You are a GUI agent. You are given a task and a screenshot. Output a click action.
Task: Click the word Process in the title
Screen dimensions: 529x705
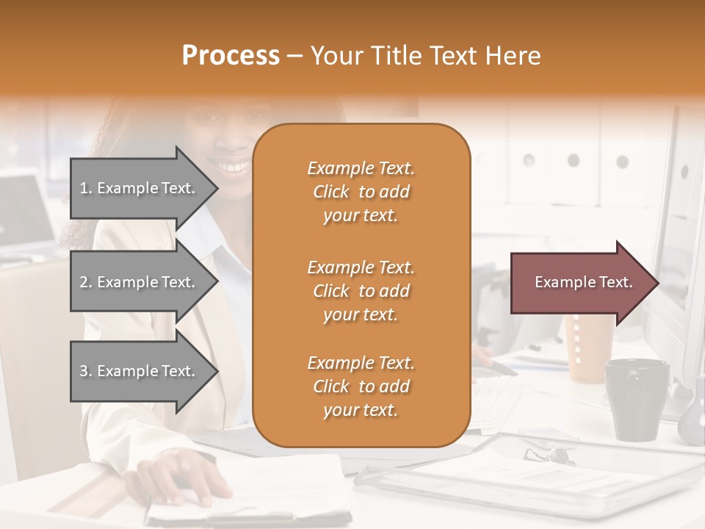pyautogui.click(x=231, y=56)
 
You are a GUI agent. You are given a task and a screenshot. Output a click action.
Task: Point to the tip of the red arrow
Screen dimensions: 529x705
pyautogui.click(x=657, y=283)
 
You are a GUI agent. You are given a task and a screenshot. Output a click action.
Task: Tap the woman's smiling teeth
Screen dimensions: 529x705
pyautogui.click(x=236, y=167)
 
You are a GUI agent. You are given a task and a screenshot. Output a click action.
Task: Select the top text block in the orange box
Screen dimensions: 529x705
pyautogui.click(x=361, y=192)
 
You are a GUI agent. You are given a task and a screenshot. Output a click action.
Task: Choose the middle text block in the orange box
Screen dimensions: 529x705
pyautogui.click(x=361, y=291)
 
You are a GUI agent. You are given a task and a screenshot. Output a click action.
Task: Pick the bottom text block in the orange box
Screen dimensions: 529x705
pyautogui.click(x=361, y=386)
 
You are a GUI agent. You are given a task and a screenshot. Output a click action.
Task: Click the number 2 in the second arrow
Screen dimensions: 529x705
pyautogui.click(x=84, y=282)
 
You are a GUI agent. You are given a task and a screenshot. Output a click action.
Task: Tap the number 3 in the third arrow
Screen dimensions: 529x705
pyautogui.click(x=84, y=371)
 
